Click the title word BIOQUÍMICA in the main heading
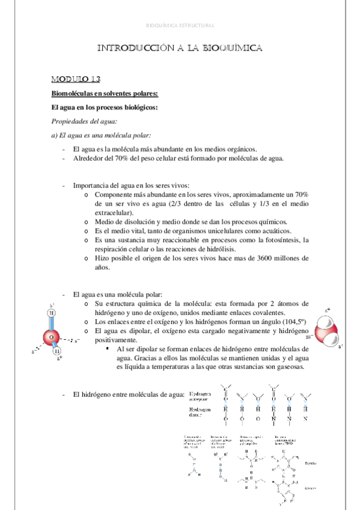point(228,49)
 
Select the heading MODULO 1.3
point(76,79)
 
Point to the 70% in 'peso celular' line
point(117,158)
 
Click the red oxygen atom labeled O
point(51,337)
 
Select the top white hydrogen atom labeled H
point(52,313)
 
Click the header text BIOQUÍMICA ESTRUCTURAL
point(180,25)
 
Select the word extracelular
point(115,212)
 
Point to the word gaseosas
point(288,367)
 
